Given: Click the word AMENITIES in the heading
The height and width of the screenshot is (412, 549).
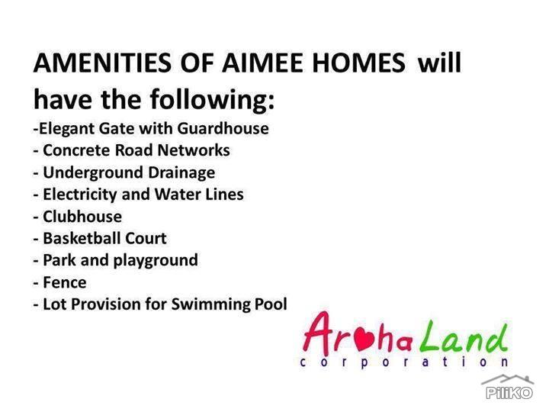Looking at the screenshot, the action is [103, 63].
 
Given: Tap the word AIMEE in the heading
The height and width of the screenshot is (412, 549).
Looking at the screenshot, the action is [262, 63].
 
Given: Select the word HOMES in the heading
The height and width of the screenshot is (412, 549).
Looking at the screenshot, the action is [358, 63].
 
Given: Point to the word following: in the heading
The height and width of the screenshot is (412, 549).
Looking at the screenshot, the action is [213, 100].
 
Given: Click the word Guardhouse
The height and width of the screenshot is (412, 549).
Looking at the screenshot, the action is [223, 128].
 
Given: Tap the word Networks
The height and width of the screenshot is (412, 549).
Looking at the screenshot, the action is [194, 150].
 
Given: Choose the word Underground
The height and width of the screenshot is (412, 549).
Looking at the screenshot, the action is [93, 173].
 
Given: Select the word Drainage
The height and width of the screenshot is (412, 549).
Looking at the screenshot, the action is [181, 173].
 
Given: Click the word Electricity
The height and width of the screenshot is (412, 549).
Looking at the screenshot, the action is [79, 195].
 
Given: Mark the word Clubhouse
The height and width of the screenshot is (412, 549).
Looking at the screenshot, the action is [82, 217].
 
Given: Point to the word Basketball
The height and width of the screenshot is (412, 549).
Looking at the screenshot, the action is [82, 239].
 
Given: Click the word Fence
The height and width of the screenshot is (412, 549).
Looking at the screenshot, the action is [64, 283].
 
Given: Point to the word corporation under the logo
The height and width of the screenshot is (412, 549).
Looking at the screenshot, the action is [404, 362].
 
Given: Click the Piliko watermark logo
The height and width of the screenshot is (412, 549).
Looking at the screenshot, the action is [509, 388].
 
